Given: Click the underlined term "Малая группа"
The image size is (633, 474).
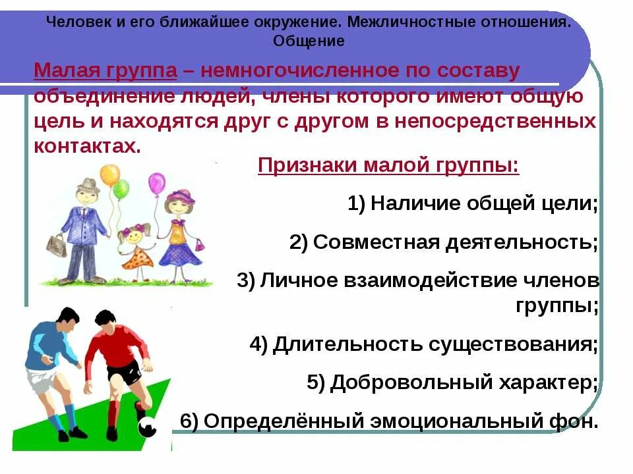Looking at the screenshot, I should point(105,71).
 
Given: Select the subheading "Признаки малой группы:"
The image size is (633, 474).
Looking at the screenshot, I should point(388,165).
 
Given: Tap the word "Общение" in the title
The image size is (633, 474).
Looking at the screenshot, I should point(309,41).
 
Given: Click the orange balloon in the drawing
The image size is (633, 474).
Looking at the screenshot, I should point(109,175).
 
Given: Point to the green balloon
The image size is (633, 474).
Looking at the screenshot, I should point(121,190).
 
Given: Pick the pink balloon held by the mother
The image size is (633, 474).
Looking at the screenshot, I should point(157,183).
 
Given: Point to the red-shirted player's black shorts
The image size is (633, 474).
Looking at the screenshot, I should point(125,373).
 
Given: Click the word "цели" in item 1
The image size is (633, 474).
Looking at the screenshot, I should point(569,203).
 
